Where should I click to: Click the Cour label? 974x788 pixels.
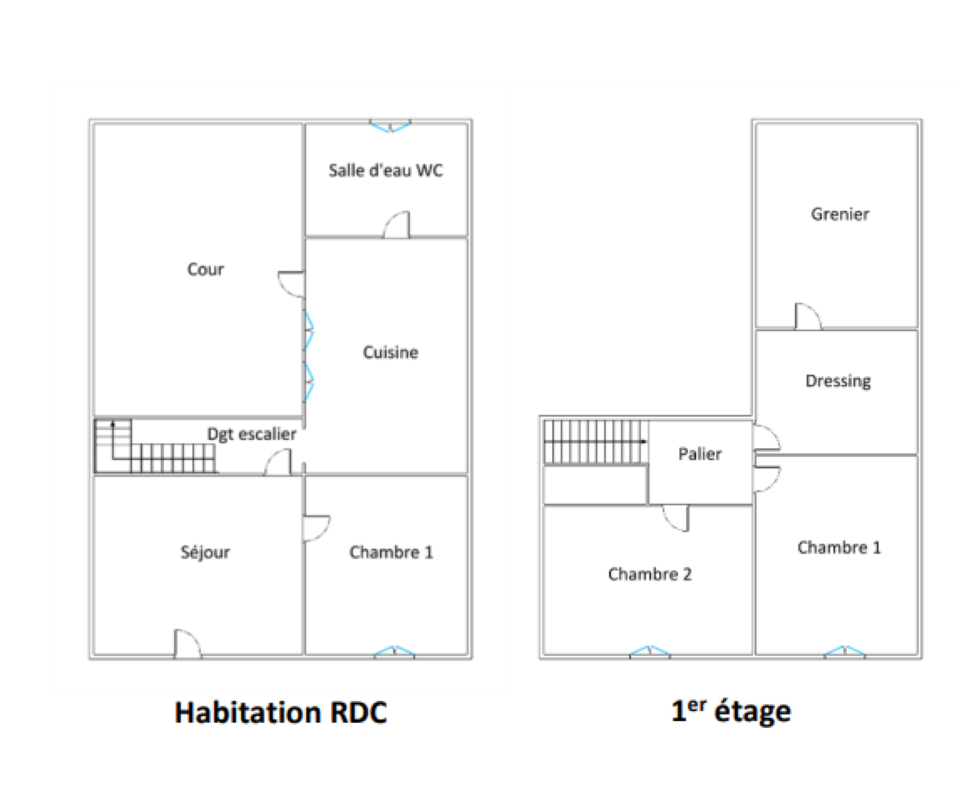coord(205,269)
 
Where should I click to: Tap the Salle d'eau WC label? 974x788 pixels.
coord(385,170)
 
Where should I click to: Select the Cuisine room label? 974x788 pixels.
coord(390,352)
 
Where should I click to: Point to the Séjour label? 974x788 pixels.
coord(205,552)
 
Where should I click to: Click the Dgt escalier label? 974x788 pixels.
coord(251,434)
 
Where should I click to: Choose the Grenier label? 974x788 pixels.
coord(840,214)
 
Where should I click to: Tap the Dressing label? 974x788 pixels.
coord(838,381)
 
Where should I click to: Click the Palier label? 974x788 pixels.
coord(699,454)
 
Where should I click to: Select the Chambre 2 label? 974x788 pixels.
coord(650,574)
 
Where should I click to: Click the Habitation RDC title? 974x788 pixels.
coord(281,712)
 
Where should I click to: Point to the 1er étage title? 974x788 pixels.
coord(730,711)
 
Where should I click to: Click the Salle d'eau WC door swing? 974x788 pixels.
coord(396,225)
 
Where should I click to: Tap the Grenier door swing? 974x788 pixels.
coord(808,316)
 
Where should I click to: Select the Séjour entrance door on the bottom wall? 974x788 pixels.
coord(187,644)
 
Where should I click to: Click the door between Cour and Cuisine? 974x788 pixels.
coord(291,284)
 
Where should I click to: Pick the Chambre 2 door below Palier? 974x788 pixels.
coord(675,518)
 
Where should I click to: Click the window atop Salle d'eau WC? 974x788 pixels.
coord(391,126)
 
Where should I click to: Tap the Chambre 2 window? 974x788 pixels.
coord(650,652)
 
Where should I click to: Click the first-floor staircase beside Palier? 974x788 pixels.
coord(595,441)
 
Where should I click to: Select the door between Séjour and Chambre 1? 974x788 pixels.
coord(317,529)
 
